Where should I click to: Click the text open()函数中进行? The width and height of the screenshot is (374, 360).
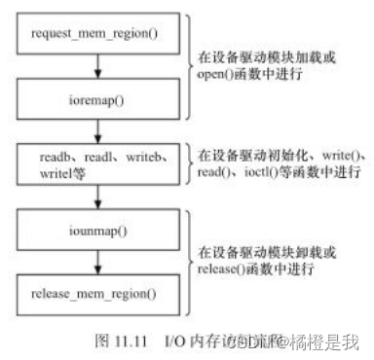click(x=243, y=76)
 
